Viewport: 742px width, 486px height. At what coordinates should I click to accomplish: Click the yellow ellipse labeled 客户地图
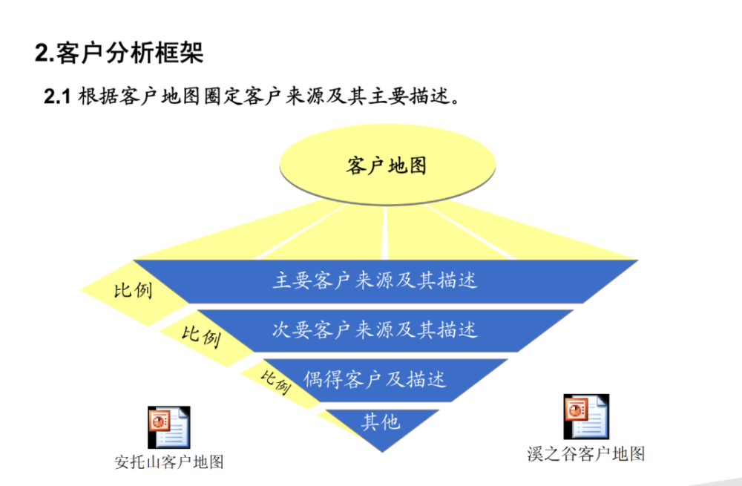coord(387,165)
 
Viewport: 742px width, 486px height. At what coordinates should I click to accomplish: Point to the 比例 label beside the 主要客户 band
coord(133,290)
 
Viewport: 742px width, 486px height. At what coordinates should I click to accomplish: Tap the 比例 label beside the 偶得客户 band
coord(275,381)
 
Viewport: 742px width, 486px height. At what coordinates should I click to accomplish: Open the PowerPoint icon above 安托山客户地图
coord(169,427)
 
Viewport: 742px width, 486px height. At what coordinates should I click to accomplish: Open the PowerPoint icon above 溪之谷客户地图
coord(586,416)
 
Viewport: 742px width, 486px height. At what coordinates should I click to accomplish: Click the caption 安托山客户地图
coord(169,462)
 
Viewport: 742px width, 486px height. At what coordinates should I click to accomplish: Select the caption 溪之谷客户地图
coord(586,454)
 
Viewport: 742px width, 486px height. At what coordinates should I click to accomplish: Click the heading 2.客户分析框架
coord(119,52)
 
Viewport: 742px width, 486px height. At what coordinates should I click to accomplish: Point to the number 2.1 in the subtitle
coord(57,96)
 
